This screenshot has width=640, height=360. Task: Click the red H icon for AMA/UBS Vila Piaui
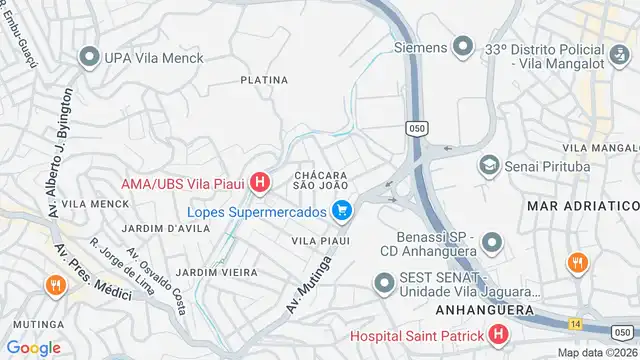pyautogui.click(x=260, y=182)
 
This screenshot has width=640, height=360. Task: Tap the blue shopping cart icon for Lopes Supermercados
pyautogui.click(x=343, y=211)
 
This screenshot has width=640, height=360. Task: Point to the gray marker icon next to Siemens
pyautogui.click(x=462, y=45)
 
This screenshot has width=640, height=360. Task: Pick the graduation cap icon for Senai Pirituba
pyautogui.click(x=490, y=163)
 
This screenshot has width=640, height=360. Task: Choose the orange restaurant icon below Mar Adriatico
pyautogui.click(x=576, y=264)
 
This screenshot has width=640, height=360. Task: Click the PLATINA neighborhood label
pyautogui.click(x=264, y=80)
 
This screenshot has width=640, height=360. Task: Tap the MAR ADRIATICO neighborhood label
pyautogui.click(x=581, y=204)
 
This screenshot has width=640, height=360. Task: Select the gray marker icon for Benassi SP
pyautogui.click(x=491, y=243)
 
